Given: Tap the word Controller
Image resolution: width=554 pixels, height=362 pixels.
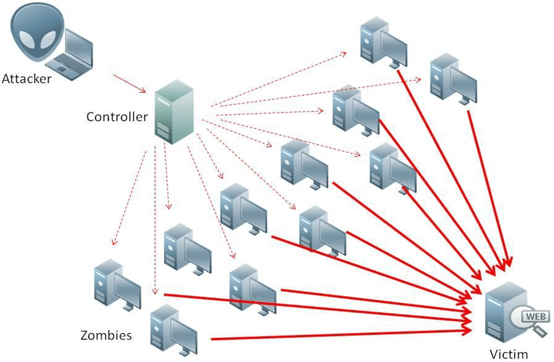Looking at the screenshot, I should pyautogui.click(x=117, y=117).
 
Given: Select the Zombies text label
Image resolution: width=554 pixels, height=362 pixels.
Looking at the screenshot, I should pyautogui.click(x=106, y=335).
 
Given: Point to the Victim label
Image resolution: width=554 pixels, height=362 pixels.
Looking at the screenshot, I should pyautogui.click(x=508, y=355).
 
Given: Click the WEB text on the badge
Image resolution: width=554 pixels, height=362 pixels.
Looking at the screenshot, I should pyautogui.click(x=536, y=316).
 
